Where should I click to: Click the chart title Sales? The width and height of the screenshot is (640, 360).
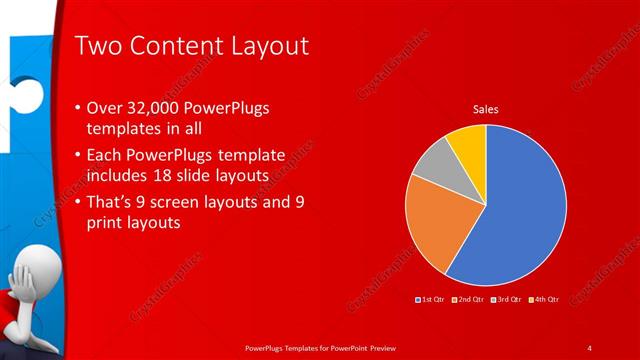point(486,108)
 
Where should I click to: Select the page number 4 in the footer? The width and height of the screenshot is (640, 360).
point(590,347)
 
